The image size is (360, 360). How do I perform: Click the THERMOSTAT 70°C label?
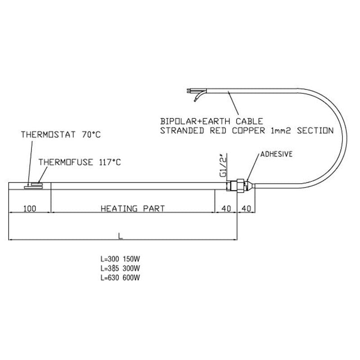(x=61, y=135)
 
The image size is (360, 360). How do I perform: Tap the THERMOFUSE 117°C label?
(x=80, y=162)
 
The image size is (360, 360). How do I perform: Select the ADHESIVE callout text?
(x=276, y=154)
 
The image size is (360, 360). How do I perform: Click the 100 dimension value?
(x=30, y=209)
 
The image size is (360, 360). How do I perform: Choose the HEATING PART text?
(x=133, y=209)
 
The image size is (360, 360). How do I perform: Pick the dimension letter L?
(x=120, y=236)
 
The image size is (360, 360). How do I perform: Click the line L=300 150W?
(x=120, y=259)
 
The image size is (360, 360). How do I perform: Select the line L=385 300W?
(x=120, y=268)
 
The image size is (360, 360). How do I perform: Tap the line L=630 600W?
(x=120, y=278)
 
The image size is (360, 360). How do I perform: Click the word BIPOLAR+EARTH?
(x=195, y=121)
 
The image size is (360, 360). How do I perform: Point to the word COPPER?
(x=248, y=130)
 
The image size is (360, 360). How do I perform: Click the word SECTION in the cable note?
(x=315, y=130)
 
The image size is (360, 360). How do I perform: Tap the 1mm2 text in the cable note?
(x=281, y=131)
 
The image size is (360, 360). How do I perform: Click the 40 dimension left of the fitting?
(x=226, y=209)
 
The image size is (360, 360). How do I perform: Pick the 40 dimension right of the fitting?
(x=246, y=209)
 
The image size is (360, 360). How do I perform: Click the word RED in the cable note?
(x=218, y=130)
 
